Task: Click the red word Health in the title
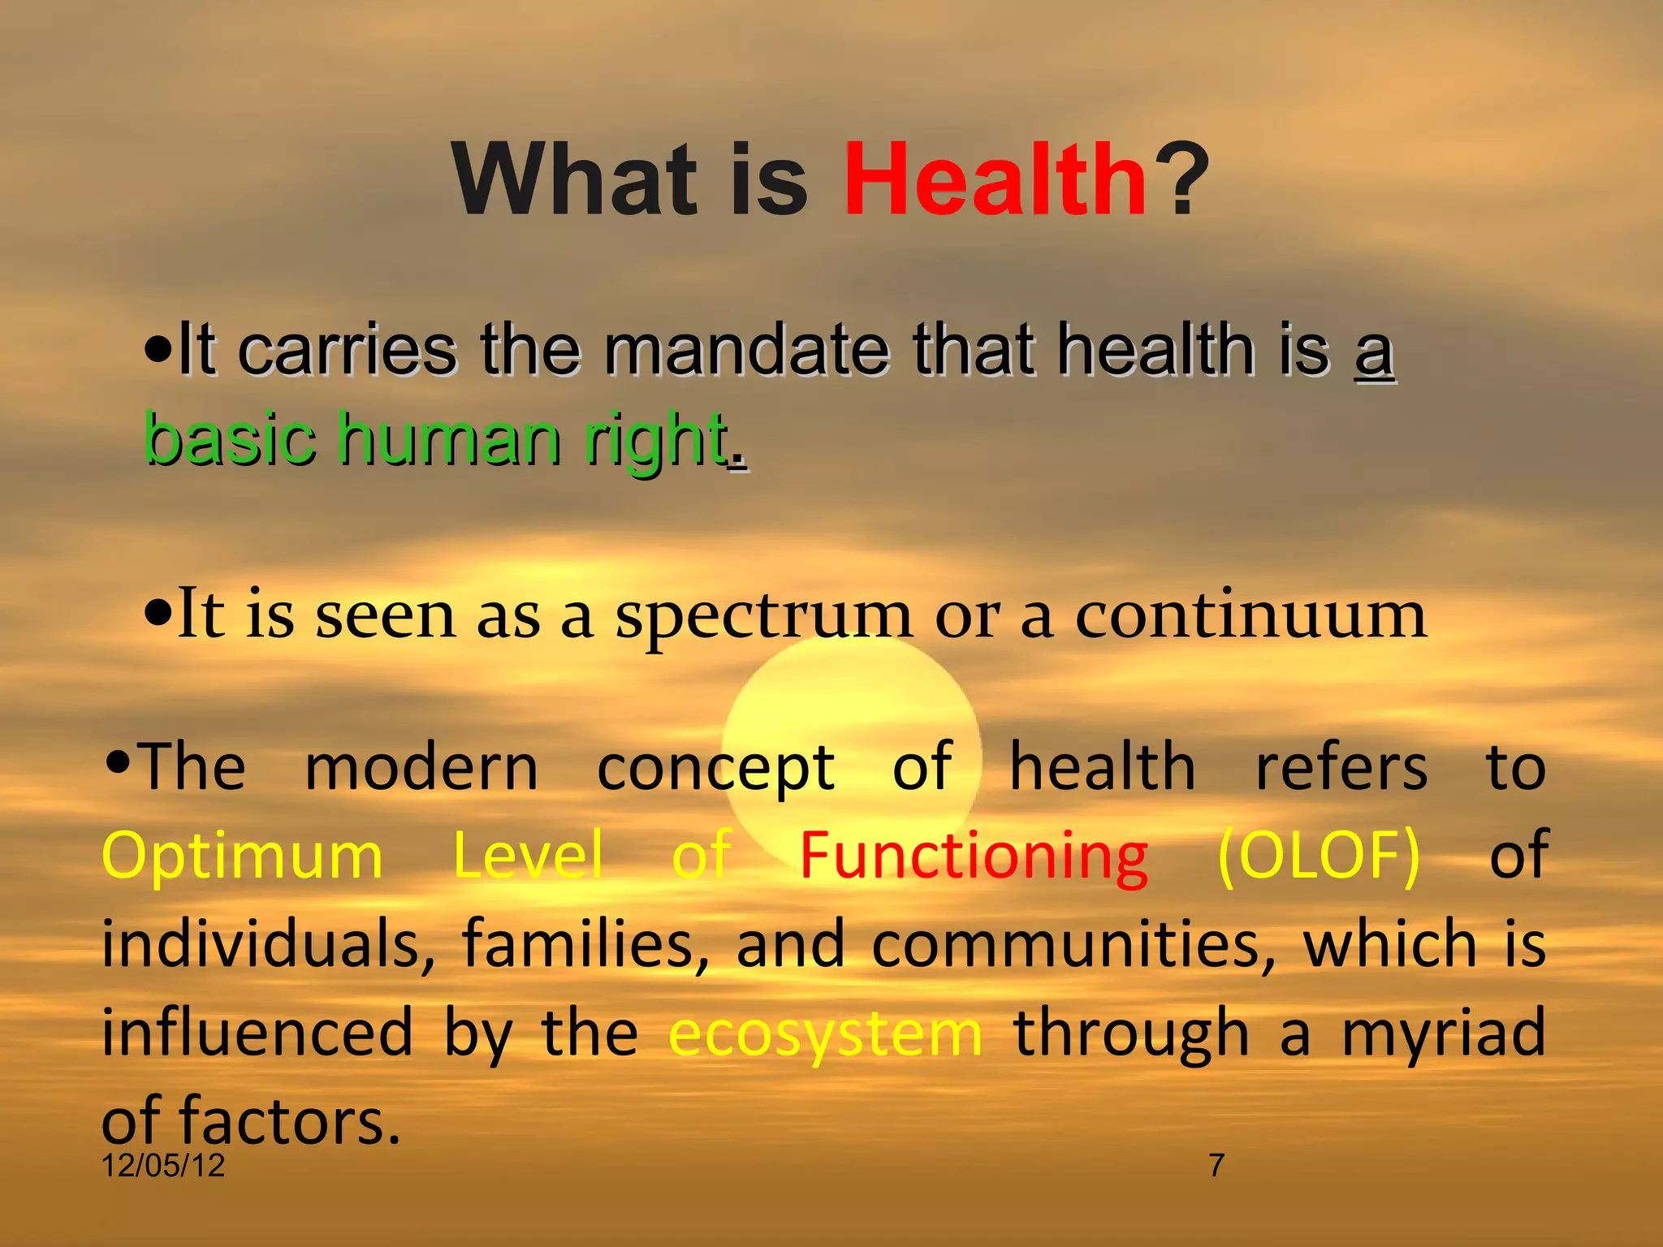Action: [x=995, y=180]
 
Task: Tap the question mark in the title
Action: [x=1181, y=180]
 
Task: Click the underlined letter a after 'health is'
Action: [x=1374, y=354]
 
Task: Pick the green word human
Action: [x=448, y=439]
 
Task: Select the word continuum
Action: [x=1250, y=615]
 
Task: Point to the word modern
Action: [x=421, y=768]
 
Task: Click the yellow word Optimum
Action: [x=242, y=857]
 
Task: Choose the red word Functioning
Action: [x=973, y=857]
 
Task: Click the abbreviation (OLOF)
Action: [x=1319, y=857]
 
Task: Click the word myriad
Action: [x=1443, y=1033]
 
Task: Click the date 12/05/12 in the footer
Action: [x=163, y=1166]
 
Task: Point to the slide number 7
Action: [x=1216, y=1166]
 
